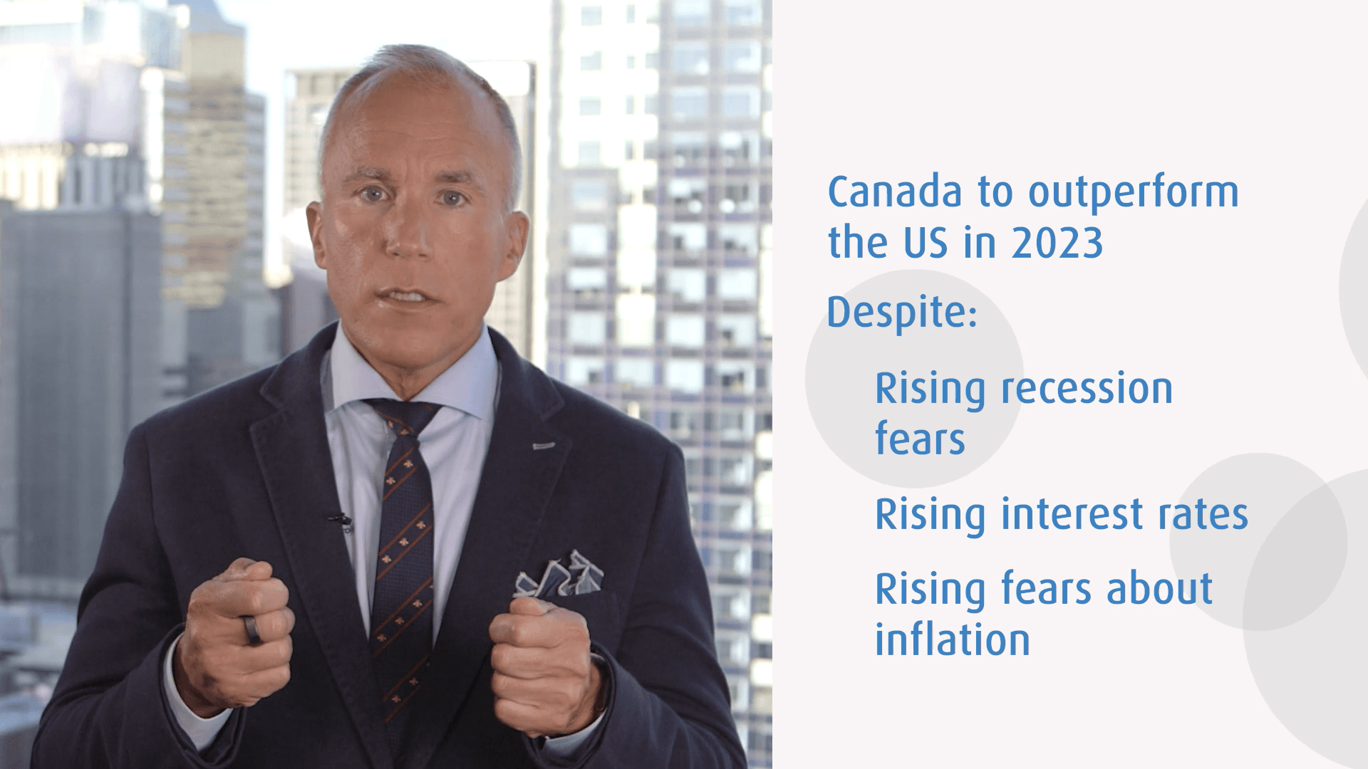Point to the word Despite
point(901,315)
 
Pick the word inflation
point(953,639)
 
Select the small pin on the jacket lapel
point(543,446)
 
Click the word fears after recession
point(920,439)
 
